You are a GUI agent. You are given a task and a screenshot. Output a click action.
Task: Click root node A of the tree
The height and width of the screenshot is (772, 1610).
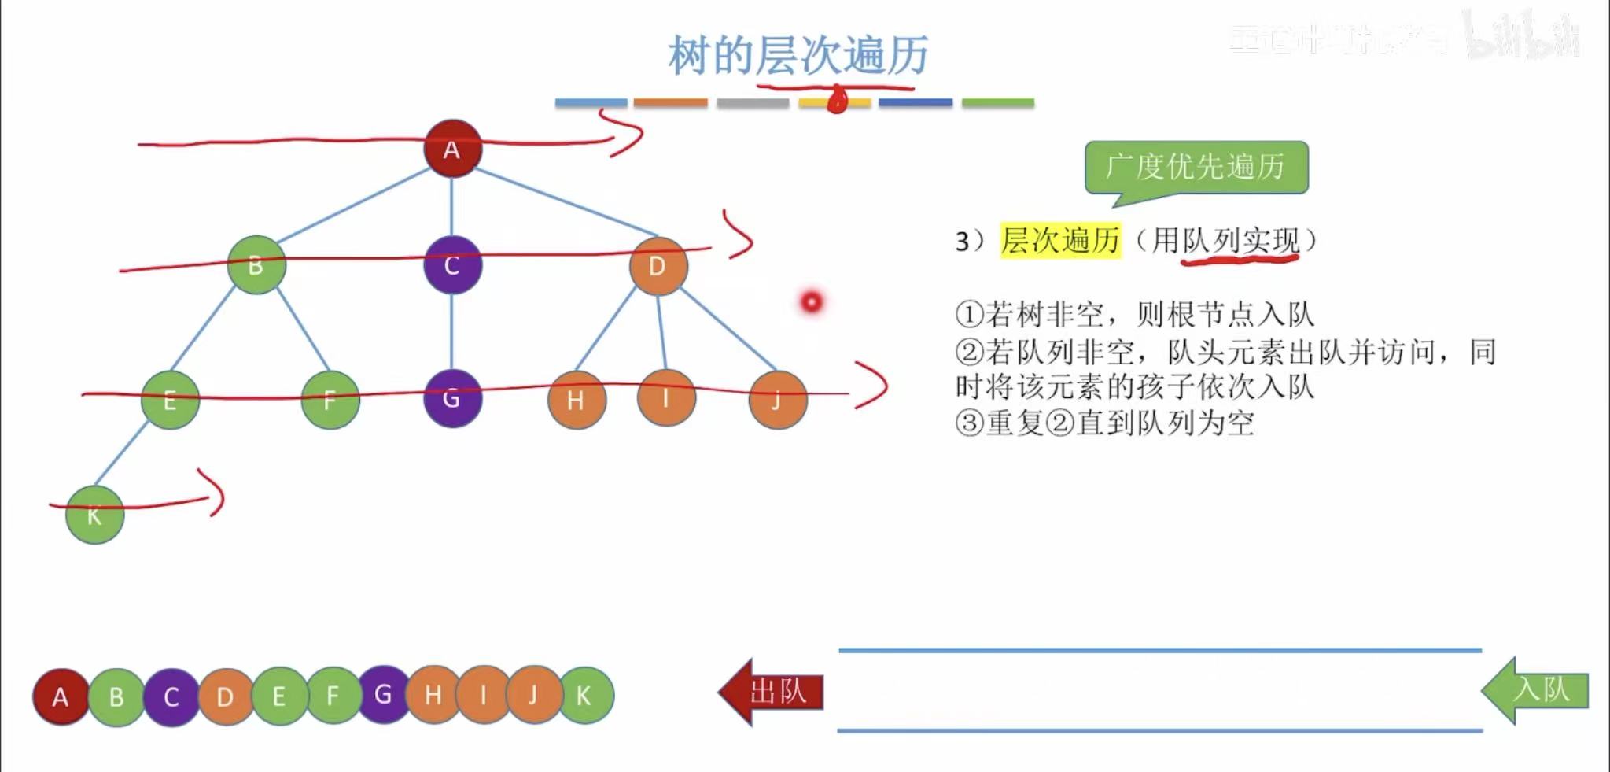point(452,149)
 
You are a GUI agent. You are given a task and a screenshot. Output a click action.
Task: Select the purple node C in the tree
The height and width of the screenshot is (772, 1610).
point(452,265)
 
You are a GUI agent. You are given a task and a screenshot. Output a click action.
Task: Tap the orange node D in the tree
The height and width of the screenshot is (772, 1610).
point(658,266)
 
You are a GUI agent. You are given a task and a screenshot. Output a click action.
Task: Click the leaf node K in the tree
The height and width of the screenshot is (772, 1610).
point(94,515)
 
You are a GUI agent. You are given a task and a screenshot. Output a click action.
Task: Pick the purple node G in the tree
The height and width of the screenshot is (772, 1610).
point(451,398)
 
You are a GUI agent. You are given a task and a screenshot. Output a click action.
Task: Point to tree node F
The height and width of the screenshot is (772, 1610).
point(330,400)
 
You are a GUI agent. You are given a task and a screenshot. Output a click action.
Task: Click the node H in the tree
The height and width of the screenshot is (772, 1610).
point(577,400)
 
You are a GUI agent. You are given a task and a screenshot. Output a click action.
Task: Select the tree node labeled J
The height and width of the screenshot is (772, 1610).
point(778,400)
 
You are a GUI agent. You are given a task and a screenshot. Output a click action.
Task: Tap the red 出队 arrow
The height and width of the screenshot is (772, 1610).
point(772,692)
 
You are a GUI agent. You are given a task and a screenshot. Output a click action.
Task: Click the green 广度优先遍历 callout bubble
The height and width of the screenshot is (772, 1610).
point(1196,167)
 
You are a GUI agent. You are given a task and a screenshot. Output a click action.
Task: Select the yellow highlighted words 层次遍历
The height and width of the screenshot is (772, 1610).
point(1060,240)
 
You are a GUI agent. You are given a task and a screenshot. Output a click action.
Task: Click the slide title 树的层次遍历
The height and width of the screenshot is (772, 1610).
point(798,55)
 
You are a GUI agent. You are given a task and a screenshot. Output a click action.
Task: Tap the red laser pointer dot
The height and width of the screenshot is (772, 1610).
point(812,301)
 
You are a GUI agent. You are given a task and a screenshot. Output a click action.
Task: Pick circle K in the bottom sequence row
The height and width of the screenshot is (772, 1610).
point(584,696)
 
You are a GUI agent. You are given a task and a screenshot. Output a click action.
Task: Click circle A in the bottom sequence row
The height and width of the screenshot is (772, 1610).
point(61,697)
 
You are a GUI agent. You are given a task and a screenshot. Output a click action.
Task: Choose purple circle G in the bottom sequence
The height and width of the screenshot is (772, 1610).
point(383,694)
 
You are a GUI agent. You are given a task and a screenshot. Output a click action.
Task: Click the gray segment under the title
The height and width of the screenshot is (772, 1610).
point(753,103)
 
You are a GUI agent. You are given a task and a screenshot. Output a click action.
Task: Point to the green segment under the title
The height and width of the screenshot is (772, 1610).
point(997,103)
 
